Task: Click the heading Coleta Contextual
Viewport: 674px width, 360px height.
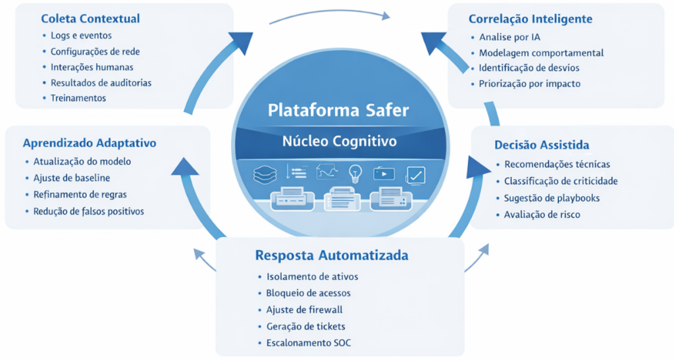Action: pyautogui.click(x=90, y=18)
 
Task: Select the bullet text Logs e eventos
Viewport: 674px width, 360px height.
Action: pyautogui.click(x=81, y=35)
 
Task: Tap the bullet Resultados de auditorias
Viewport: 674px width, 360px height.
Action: pyautogui.click(x=101, y=82)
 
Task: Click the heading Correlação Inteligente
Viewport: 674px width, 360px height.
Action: pyautogui.click(x=531, y=19)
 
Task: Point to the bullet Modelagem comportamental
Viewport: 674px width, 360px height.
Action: pyautogui.click(x=541, y=53)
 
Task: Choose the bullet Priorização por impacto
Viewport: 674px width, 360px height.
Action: pyautogui.click(x=529, y=84)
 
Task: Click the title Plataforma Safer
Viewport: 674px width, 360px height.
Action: pyautogui.click(x=338, y=110)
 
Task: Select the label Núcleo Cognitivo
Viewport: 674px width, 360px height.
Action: pyautogui.click(x=339, y=141)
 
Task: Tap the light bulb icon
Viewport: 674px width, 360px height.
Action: pyautogui.click(x=355, y=173)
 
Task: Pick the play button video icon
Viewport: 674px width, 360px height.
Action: pyautogui.click(x=384, y=174)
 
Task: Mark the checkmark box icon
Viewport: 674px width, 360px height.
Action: pyautogui.click(x=416, y=174)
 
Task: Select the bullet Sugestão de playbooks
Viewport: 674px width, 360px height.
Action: pyautogui.click(x=552, y=198)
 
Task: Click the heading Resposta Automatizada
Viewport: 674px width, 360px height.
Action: pyautogui.click(x=331, y=255)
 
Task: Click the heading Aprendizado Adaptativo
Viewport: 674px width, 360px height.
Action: pyautogui.click(x=89, y=143)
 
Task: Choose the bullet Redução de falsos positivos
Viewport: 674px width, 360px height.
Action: pyautogui.click(x=88, y=211)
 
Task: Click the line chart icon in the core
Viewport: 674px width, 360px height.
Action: pyautogui.click(x=326, y=172)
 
